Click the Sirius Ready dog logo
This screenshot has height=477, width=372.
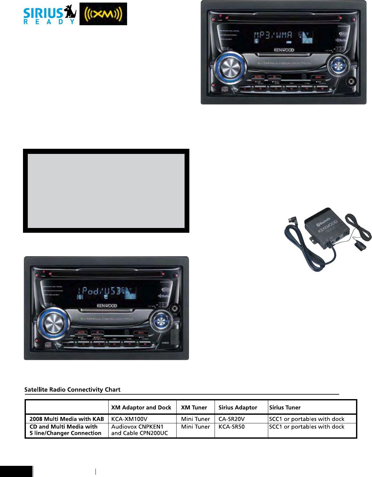pos(50,15)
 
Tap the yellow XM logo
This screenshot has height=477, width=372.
pos(103,14)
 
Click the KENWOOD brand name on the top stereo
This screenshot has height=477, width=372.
pos(284,50)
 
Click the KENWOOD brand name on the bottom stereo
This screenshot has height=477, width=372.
pos(107,306)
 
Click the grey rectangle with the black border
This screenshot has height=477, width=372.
pos(106,191)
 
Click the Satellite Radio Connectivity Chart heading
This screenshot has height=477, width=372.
pos(72,390)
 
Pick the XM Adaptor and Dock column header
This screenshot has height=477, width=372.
pos(141,407)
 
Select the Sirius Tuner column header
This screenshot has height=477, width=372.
pos(285,407)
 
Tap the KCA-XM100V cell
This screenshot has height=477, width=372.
pos(129,419)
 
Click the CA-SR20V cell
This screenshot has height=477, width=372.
pos(232,419)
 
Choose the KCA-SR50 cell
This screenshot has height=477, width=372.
pos(232,427)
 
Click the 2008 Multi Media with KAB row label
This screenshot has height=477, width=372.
pos(67,419)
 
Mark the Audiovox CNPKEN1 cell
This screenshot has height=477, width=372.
pos(137,427)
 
